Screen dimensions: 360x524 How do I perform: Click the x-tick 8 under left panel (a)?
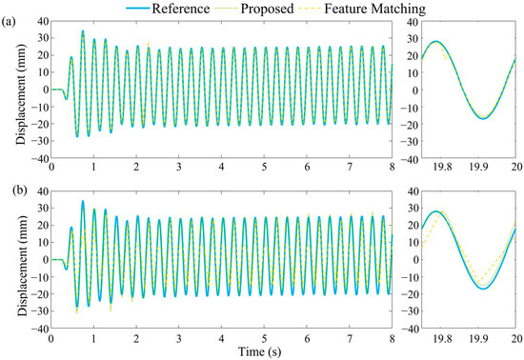(391, 168)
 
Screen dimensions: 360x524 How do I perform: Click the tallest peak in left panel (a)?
(82, 31)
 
